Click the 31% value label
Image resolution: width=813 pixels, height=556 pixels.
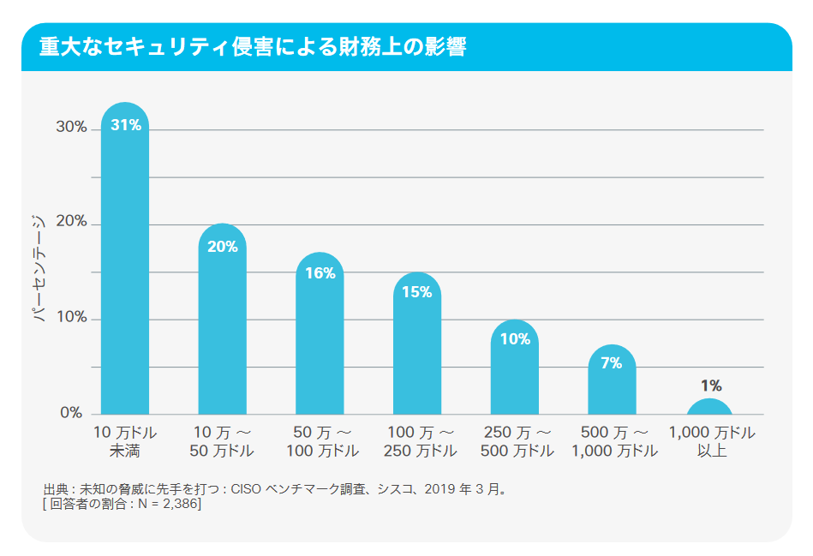pyautogui.click(x=125, y=125)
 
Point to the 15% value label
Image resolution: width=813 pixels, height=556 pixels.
pyautogui.click(x=416, y=292)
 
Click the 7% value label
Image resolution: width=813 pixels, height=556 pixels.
pyautogui.click(x=611, y=363)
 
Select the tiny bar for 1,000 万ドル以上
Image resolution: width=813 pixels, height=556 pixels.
pyautogui.click(x=709, y=408)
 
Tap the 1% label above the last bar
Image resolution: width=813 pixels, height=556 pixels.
pyautogui.click(x=710, y=386)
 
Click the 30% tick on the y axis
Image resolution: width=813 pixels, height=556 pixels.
pyautogui.click(x=72, y=127)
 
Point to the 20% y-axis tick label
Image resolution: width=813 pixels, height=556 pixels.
pyautogui.click(x=72, y=222)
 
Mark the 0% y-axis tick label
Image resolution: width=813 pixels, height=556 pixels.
pyautogui.click(x=72, y=413)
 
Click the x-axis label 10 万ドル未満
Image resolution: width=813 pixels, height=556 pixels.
pyautogui.click(x=125, y=441)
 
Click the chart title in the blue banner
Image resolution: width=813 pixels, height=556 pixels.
pyautogui.click(x=253, y=47)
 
